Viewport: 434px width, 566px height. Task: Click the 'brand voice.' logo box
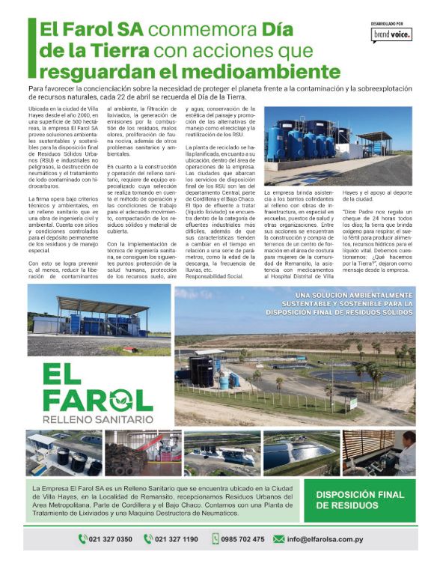392,34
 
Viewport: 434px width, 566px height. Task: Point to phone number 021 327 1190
180,538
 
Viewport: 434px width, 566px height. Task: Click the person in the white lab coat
406,451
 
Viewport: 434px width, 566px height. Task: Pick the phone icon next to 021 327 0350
82,538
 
